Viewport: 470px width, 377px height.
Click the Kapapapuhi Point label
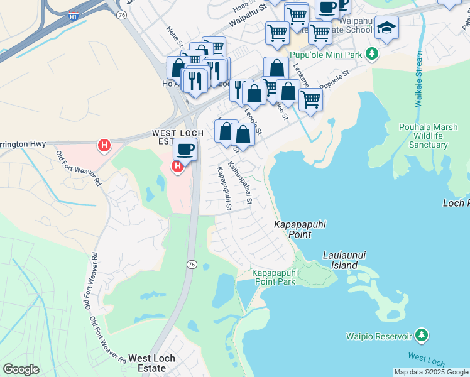point(293,229)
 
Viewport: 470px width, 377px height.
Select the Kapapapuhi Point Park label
point(274,277)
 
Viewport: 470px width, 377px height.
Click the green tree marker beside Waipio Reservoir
point(423,334)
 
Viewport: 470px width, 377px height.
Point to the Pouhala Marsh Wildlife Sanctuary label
point(423,136)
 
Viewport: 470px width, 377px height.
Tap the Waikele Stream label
point(420,88)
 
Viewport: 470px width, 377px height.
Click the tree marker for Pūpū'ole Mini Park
point(373,55)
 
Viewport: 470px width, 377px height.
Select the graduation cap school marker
point(386,28)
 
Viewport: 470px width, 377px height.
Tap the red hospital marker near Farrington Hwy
point(104,146)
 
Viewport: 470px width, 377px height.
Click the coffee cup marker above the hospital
point(185,150)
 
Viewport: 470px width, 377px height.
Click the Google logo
point(21,369)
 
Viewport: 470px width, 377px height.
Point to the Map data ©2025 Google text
point(431,372)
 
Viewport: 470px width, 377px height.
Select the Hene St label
point(174,37)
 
